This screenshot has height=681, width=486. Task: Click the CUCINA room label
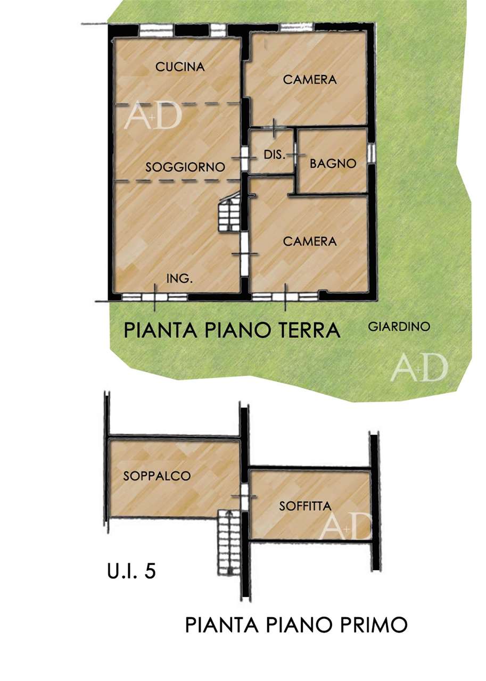(179, 67)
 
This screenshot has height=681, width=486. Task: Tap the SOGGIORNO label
(185, 167)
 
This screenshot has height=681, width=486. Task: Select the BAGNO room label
(333, 163)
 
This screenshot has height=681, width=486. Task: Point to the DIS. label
(275, 155)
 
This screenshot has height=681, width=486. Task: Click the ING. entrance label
(179, 278)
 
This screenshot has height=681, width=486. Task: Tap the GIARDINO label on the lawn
(399, 327)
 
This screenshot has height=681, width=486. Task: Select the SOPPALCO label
(156, 476)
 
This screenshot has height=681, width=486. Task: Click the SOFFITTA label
(305, 506)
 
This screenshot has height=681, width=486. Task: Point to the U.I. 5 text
(131, 571)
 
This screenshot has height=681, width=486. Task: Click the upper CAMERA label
(310, 80)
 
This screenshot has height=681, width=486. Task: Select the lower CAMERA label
(310, 242)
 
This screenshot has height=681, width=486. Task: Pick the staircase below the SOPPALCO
(229, 543)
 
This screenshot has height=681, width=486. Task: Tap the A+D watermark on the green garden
(419, 367)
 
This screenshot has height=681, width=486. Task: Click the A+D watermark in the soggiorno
(153, 114)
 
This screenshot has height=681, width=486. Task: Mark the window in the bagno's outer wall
(370, 153)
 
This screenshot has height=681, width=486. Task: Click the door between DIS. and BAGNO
(295, 155)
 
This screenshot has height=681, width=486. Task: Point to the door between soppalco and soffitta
(244, 497)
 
